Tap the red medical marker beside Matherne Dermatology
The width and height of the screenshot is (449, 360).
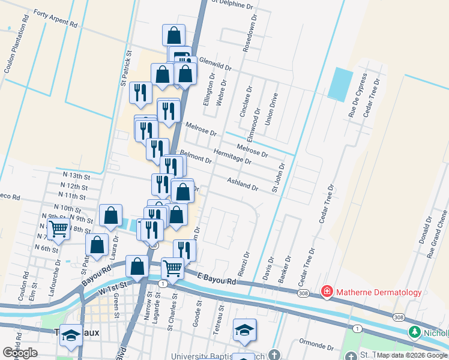pos(327,292)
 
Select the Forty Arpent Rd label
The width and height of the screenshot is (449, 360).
pos(56,19)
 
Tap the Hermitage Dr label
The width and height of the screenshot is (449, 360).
pos(232,157)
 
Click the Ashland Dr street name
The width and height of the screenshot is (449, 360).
pos(243,184)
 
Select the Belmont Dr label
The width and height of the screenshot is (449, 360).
pos(196,157)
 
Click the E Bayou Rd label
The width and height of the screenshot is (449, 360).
pos(217,278)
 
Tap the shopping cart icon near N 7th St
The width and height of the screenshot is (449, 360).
pos(58,228)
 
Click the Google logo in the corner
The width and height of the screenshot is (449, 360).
pos(19,353)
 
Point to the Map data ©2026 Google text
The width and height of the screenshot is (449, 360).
pos(412,355)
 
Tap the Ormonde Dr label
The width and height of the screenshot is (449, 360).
pos(316,344)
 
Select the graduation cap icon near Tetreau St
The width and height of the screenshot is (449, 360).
pos(244,329)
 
